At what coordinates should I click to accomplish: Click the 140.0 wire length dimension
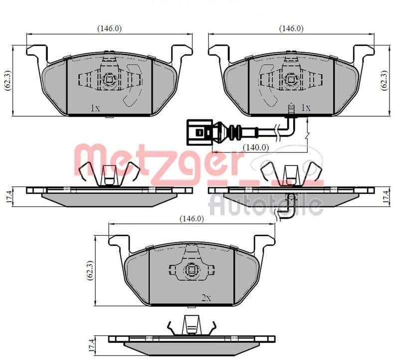(x=256, y=147)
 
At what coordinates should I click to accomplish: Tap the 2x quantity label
(x=206, y=298)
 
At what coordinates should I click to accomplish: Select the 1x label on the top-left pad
(x=95, y=108)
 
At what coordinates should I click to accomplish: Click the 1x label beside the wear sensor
(x=306, y=108)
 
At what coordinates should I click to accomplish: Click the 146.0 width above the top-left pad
(x=109, y=28)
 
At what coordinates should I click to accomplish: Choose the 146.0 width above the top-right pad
(x=291, y=28)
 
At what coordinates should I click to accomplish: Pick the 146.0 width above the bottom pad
(x=192, y=218)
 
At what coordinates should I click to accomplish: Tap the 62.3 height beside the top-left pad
(x=8, y=80)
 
